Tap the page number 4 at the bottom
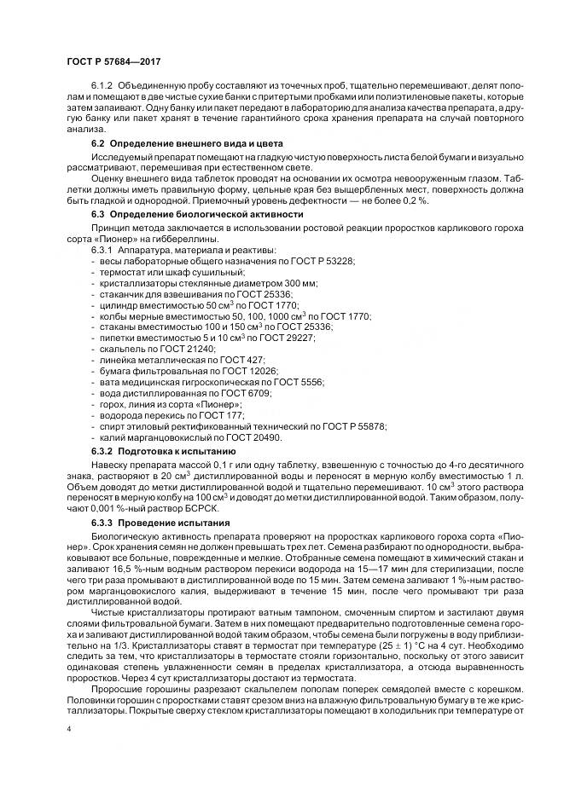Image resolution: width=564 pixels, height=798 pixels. point(68,729)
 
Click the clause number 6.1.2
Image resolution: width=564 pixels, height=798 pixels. point(102,87)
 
